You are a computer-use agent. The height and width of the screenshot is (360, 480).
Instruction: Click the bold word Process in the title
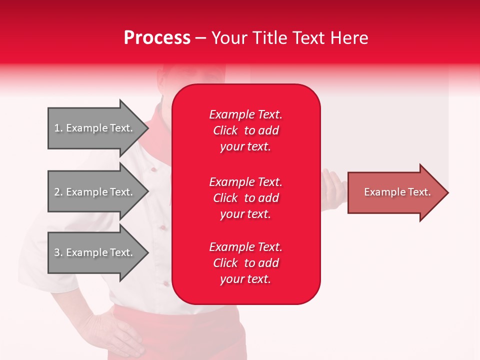pos(157,38)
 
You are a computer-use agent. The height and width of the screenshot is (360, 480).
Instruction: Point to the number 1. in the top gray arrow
pos(58,128)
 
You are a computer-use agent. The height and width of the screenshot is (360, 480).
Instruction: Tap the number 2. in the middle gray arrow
pos(58,192)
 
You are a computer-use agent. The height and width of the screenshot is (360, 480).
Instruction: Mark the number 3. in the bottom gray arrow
pos(58,252)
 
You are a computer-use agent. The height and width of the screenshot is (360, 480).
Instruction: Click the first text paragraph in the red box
pos(245,130)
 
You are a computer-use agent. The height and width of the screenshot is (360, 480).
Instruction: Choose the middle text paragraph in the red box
pos(245,198)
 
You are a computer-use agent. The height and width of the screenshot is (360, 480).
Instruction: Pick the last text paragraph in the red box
pos(245,263)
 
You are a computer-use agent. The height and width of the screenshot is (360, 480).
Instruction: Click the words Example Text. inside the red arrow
pos(397,192)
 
